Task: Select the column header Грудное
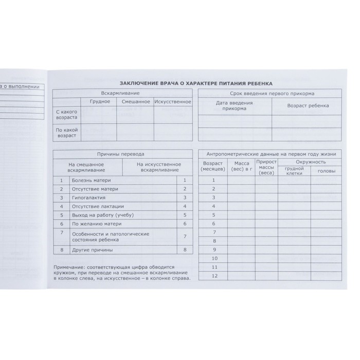click(100, 102)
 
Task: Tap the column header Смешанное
click(135, 102)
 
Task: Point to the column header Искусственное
click(173, 102)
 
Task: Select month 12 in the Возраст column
click(215, 276)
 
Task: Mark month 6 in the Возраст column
click(215, 223)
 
